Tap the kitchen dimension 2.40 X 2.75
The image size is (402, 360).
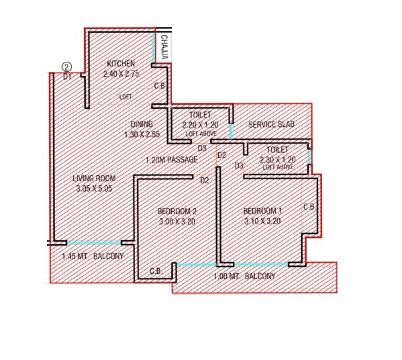point(121,74)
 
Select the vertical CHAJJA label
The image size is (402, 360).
point(165,47)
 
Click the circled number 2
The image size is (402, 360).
point(66,66)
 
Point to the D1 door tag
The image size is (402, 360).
point(67,77)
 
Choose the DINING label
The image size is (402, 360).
point(142,124)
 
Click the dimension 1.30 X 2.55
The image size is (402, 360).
point(142,134)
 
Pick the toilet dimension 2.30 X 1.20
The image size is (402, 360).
point(277,160)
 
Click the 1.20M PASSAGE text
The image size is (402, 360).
point(172,160)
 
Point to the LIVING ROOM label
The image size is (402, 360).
point(94,178)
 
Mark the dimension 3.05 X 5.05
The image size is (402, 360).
point(94,189)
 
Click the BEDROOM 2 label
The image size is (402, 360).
point(177,211)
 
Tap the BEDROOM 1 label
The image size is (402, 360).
point(262,211)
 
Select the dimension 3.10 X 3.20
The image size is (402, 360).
point(262,221)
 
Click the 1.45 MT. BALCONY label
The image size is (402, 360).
point(89,257)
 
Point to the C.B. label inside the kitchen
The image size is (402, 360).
point(160,86)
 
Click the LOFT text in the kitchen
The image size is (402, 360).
point(125,97)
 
